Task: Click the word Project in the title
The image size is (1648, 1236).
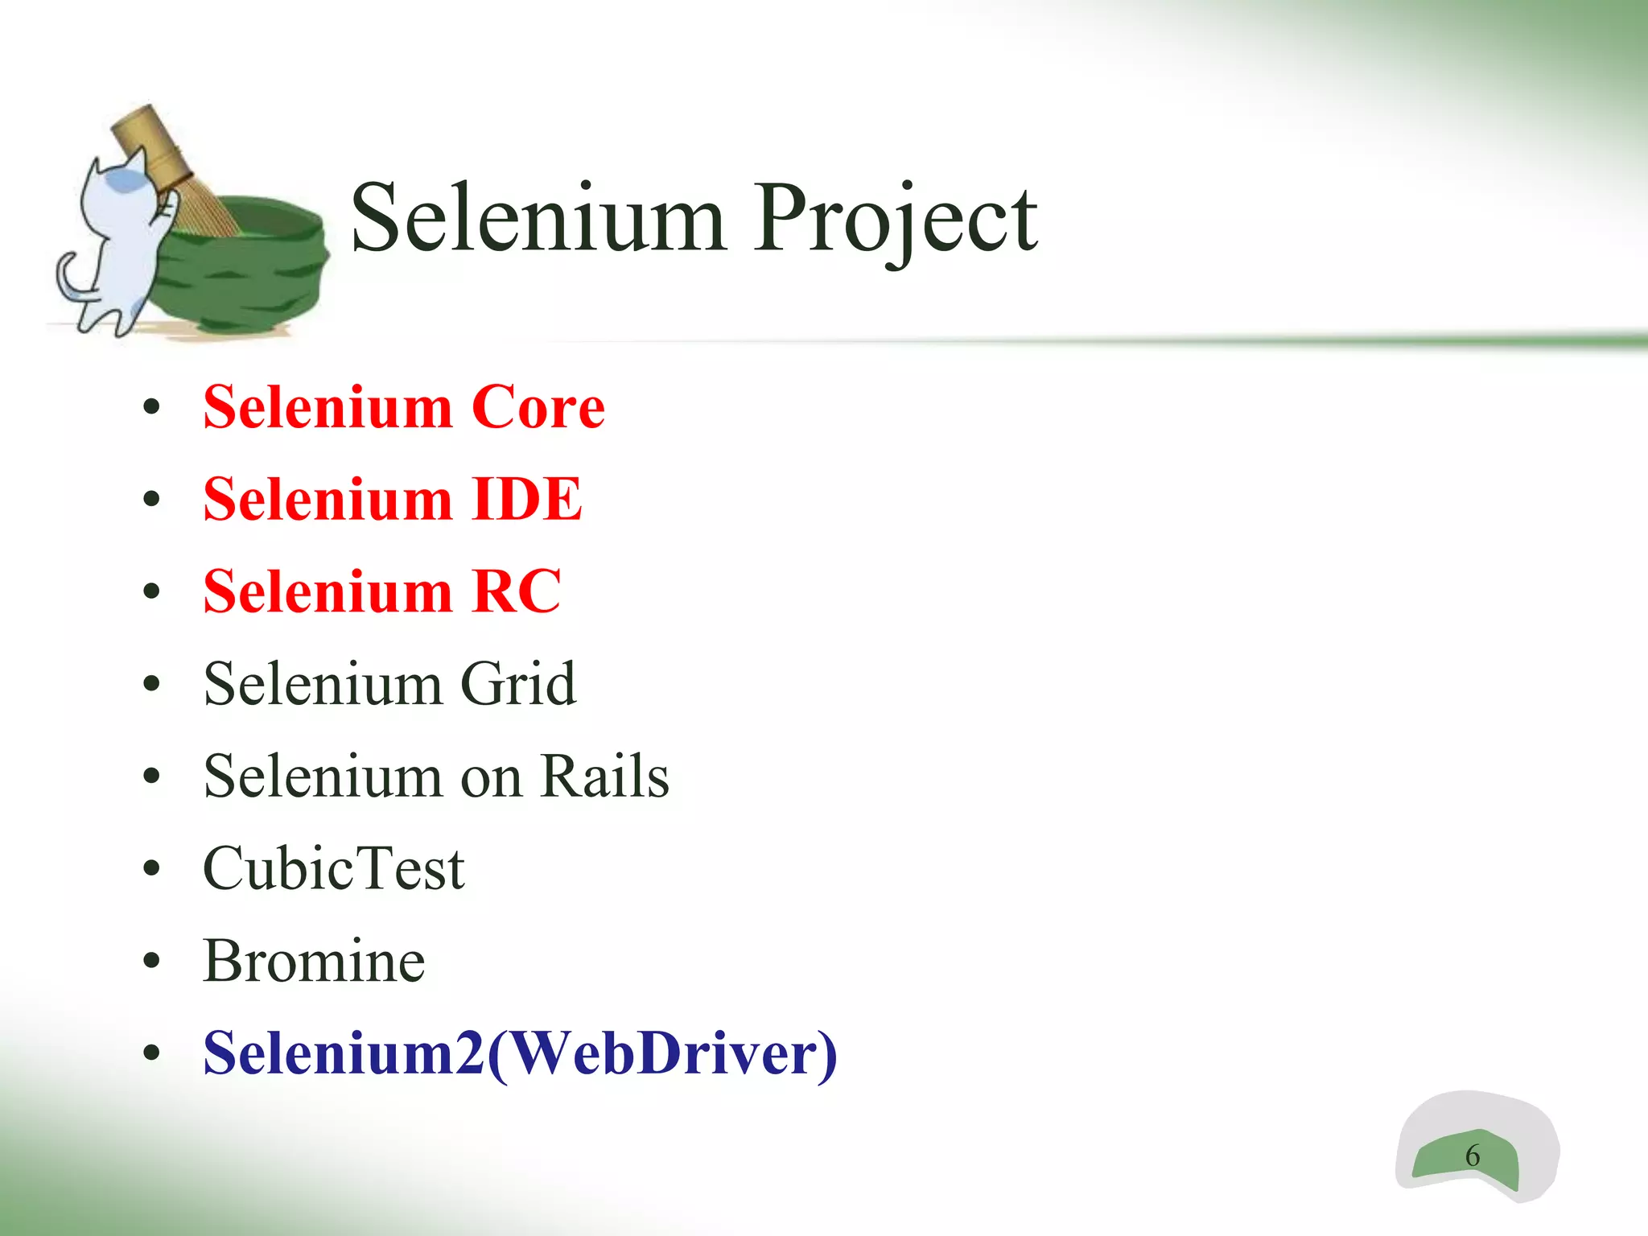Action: click(895, 219)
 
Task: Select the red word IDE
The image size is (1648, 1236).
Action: click(526, 500)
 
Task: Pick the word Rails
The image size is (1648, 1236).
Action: click(604, 777)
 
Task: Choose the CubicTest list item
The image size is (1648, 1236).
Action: click(333, 870)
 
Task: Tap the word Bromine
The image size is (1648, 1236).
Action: click(314, 962)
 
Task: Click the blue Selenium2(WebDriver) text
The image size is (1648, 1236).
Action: click(520, 1053)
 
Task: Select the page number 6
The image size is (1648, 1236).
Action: click(1472, 1156)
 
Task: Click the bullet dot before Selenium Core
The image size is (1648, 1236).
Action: click(151, 409)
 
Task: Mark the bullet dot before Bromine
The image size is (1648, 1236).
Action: click(151, 962)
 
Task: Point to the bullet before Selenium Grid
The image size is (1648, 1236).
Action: click(151, 685)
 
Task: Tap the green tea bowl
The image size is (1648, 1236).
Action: click(241, 266)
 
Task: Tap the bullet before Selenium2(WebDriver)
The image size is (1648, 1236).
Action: click(151, 1053)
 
